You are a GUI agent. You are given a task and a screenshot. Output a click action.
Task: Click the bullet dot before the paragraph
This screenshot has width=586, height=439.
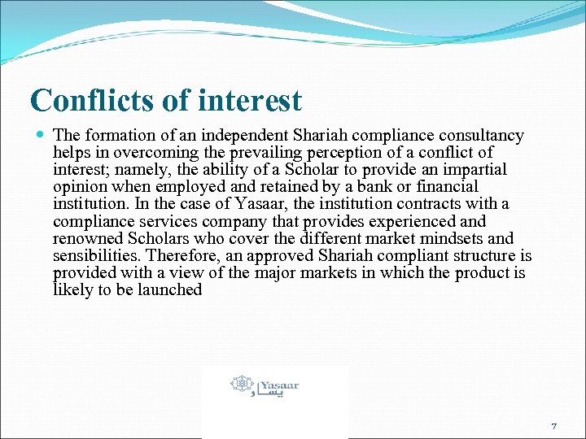pyautogui.click(x=39, y=135)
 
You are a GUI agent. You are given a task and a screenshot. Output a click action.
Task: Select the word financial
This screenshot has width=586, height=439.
pyautogui.click(x=446, y=186)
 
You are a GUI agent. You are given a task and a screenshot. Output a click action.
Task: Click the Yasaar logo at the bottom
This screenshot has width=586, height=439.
pyautogui.click(x=265, y=385)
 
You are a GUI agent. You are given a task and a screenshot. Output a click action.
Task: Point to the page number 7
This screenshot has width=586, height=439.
pyautogui.click(x=553, y=426)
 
